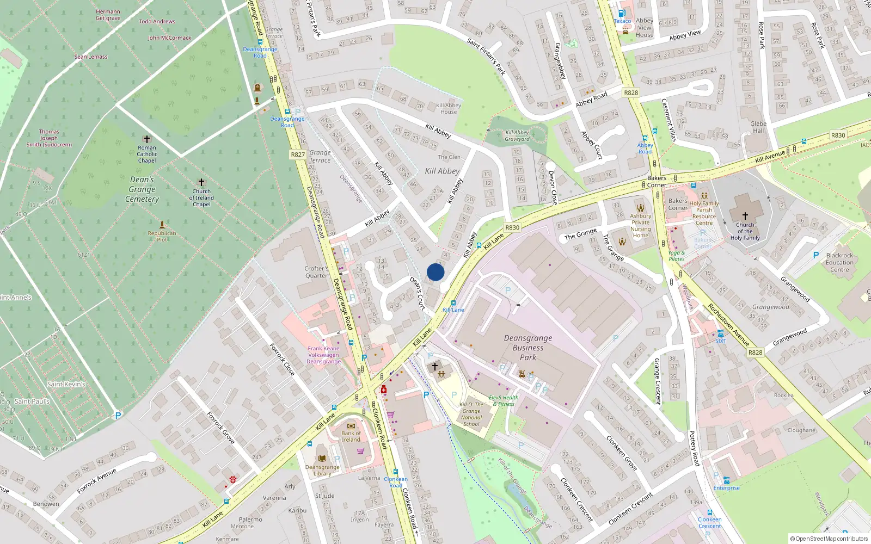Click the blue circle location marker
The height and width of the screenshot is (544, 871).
[436, 272]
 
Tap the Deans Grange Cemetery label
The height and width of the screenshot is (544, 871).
[142, 189]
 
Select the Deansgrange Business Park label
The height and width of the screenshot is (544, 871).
[528, 348]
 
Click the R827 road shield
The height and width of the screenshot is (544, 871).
[298, 154]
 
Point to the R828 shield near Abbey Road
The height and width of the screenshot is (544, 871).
[631, 92]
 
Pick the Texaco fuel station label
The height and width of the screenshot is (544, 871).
[622, 21]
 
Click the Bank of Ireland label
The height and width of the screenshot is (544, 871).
[351, 436]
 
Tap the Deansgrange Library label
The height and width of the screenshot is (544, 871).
[322, 470]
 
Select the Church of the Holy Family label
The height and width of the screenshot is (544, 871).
[745, 231]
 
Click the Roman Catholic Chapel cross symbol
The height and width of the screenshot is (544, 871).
[146, 139]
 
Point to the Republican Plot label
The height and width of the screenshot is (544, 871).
[162, 236]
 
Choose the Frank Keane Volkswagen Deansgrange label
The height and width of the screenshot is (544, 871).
[323, 355]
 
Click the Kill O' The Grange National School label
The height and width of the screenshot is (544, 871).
[471, 414]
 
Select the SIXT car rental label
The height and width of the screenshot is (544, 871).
[721, 341]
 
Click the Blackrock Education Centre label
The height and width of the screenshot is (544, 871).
[839, 262]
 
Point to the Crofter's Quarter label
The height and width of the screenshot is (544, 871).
[316, 272]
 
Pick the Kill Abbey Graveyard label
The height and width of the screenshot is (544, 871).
[517, 135]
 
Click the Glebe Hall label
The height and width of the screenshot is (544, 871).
[758, 127]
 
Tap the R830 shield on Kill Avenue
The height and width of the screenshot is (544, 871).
[838, 135]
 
